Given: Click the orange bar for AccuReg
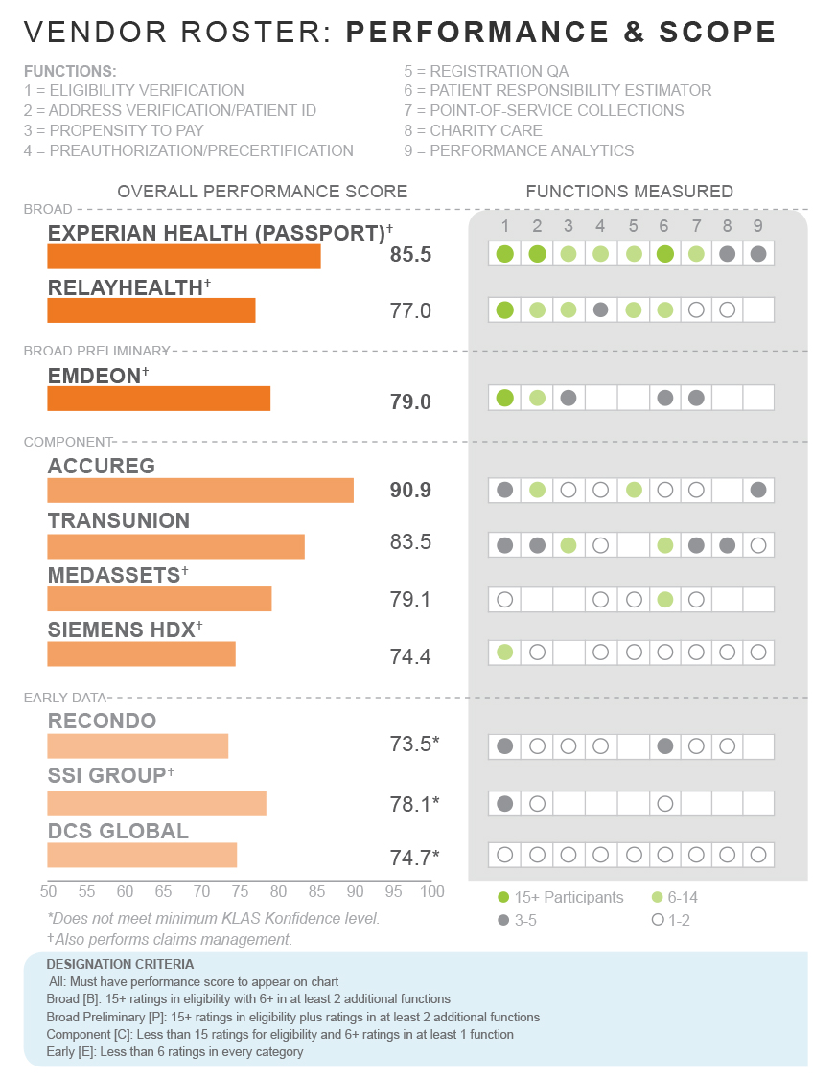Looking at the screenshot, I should click(200, 491).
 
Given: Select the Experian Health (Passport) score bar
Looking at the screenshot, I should click(184, 257).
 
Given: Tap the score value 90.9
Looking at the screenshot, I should click(410, 491).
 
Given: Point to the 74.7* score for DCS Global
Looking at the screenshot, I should click(414, 857).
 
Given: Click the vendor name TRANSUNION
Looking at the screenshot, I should click(119, 520).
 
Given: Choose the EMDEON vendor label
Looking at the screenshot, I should click(94, 376).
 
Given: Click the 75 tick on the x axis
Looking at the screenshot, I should click(240, 892).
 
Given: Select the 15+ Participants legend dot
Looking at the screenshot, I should click(503, 898).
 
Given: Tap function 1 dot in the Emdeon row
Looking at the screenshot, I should click(505, 398).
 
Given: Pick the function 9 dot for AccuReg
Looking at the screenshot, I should click(758, 490).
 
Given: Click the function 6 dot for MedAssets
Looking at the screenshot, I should click(663, 599).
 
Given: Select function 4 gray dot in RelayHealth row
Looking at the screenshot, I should click(600, 309).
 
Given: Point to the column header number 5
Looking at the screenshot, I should click(632, 226).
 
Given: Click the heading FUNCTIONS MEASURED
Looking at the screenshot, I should click(629, 192).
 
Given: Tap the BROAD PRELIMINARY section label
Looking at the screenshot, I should click(96, 351).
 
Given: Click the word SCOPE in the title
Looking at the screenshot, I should click(717, 33).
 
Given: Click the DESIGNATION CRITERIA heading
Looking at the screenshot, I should click(120, 964).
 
